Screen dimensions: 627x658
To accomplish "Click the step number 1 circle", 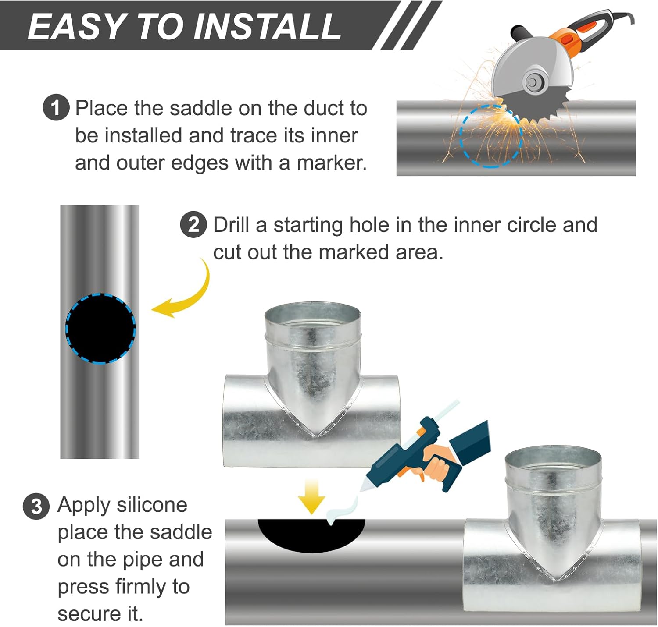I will point(56,107).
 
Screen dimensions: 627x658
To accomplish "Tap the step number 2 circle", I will point(193,225).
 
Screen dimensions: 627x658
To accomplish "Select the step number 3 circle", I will point(36,507).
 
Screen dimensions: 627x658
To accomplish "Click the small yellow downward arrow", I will point(311,497).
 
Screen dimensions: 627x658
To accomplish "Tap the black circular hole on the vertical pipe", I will point(100,329).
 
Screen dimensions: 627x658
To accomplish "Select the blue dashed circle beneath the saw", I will point(491,136).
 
